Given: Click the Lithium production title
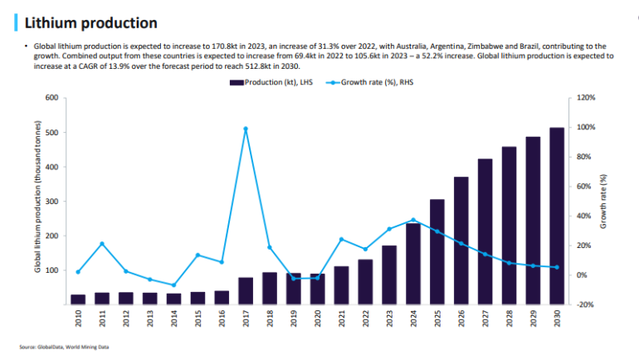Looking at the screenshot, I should [x=90, y=22].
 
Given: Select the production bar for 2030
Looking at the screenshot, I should [x=557, y=216].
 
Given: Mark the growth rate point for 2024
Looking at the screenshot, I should [x=413, y=220].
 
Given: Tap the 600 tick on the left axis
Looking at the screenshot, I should [x=51, y=98].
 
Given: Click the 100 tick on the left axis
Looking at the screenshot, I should [x=51, y=270].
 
